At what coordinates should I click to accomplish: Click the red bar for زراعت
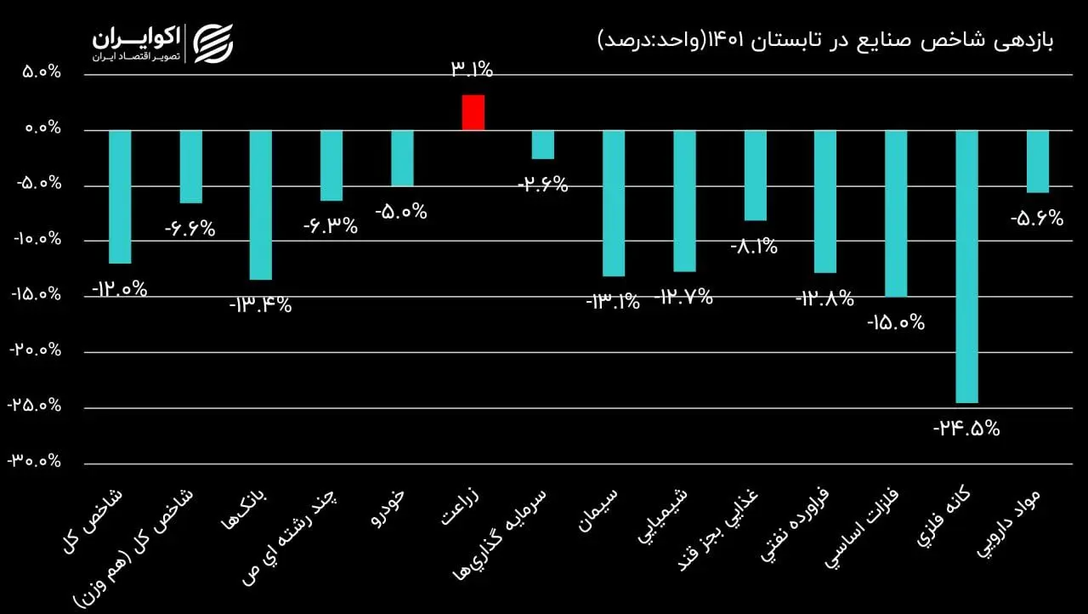tap(473, 112)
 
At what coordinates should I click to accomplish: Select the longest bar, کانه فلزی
tap(966, 266)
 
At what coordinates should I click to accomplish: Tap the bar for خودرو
tap(402, 158)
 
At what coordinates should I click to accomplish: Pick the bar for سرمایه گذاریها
tap(543, 145)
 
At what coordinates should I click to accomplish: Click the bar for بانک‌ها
tap(261, 205)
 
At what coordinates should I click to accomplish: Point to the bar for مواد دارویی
tap(1037, 162)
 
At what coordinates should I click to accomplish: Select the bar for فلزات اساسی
tap(896, 213)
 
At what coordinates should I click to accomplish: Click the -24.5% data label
tap(966, 428)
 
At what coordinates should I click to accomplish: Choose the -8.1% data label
tap(754, 247)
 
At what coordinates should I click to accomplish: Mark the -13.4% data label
tap(261, 304)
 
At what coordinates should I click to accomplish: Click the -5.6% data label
tap(1037, 218)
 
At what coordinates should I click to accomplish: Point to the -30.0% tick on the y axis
tap(36, 461)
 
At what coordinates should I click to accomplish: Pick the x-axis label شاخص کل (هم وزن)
tap(136, 544)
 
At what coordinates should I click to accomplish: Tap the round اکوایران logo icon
tap(212, 43)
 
